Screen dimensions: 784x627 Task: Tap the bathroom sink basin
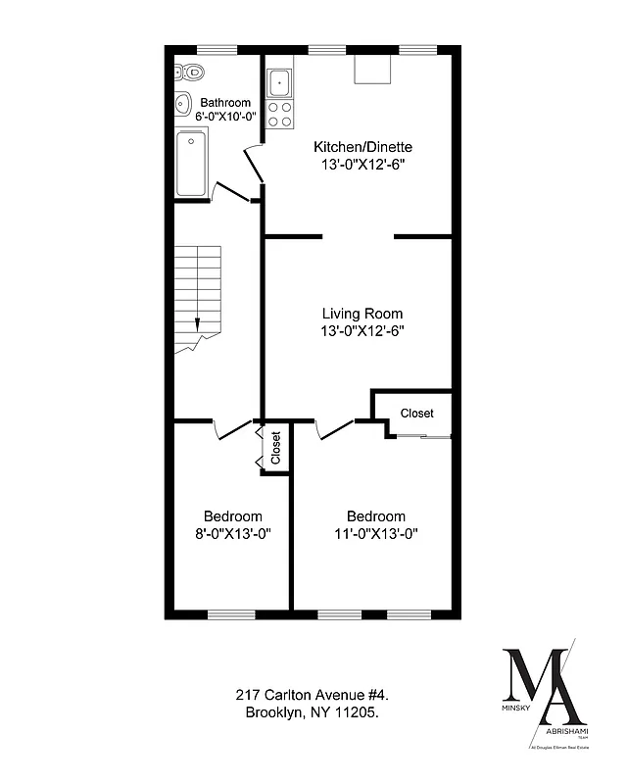pyautogui.click(x=181, y=105)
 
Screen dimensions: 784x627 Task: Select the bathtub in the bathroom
pyautogui.click(x=192, y=164)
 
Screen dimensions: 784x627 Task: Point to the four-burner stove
pyautogui.click(x=280, y=115)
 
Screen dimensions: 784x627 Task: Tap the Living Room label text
pyautogui.click(x=362, y=314)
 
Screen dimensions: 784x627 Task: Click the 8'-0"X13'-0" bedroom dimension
pyautogui.click(x=232, y=534)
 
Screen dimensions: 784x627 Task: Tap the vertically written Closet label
pyautogui.click(x=276, y=448)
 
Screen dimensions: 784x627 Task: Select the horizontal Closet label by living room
pyautogui.click(x=416, y=414)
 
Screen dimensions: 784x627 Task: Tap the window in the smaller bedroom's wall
pyautogui.click(x=231, y=614)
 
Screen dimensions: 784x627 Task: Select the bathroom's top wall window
pyautogui.click(x=217, y=48)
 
